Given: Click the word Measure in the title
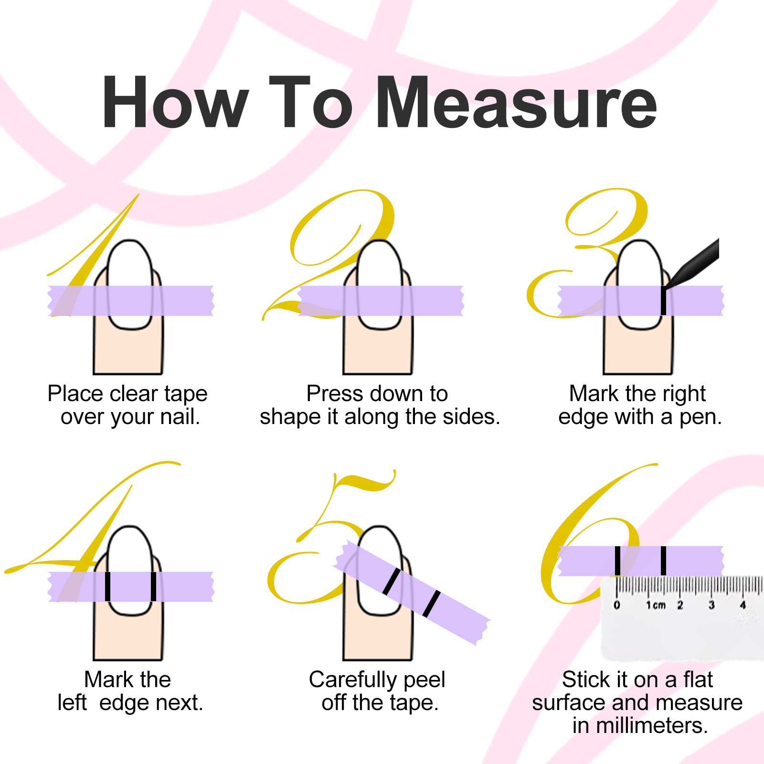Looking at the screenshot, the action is click(517, 103).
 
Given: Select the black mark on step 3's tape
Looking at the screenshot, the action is click(663, 300).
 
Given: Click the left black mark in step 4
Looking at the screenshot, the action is click(107, 586).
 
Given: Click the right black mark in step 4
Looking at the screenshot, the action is click(153, 586).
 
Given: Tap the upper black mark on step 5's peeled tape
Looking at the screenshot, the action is click(392, 581).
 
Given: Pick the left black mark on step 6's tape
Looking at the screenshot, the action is click(617, 561).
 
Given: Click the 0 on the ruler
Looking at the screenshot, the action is click(617, 605).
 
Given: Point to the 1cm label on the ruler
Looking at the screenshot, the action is click(656, 605).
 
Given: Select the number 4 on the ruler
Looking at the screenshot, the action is click(743, 605).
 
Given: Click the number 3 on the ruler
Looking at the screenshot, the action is click(711, 605).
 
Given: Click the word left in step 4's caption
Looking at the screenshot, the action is click(72, 702).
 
